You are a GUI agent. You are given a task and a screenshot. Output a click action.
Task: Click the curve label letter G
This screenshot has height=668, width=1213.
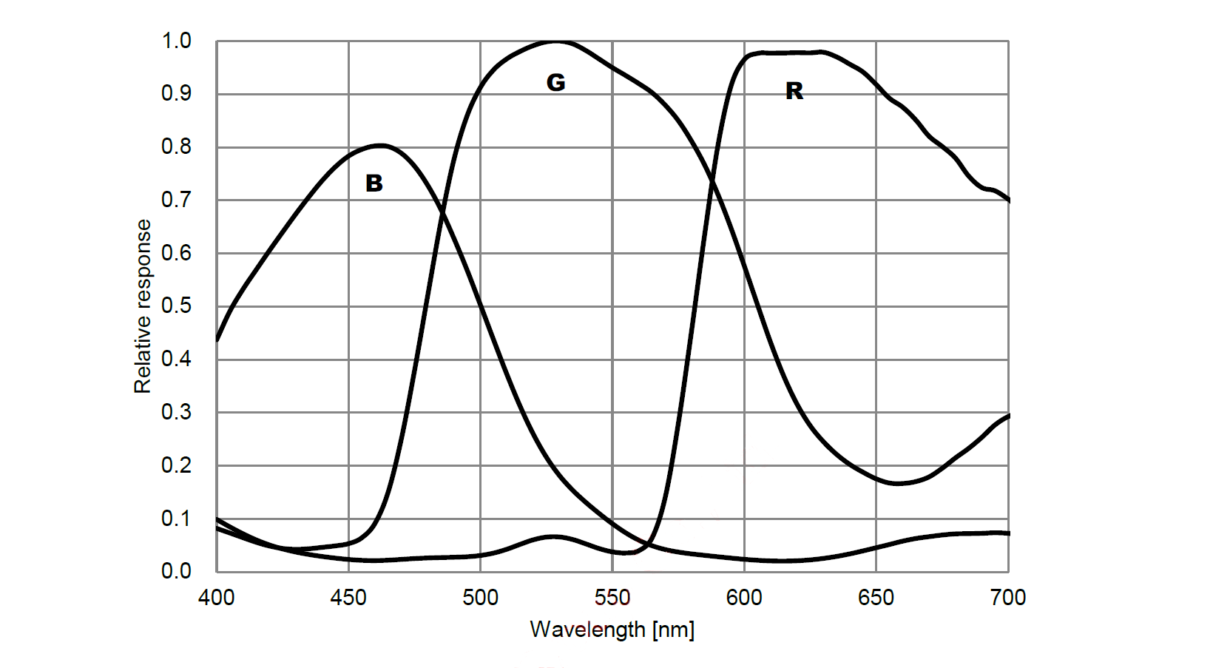[555, 82]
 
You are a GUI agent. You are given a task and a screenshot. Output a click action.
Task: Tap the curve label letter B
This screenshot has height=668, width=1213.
[374, 183]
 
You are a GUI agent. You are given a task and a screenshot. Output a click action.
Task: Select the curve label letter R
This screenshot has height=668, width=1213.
[794, 91]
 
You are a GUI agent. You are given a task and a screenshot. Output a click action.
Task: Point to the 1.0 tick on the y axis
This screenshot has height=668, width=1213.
[176, 41]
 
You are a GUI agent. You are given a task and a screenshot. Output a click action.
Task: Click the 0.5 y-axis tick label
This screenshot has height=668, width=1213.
[176, 306]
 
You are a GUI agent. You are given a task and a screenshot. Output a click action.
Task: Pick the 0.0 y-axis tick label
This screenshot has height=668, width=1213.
[176, 571]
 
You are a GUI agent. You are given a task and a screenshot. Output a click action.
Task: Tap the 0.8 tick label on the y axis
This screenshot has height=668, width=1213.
[176, 146]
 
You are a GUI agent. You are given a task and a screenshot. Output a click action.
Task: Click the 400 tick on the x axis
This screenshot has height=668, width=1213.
[216, 598]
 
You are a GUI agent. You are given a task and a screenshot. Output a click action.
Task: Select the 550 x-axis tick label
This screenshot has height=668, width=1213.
[612, 598]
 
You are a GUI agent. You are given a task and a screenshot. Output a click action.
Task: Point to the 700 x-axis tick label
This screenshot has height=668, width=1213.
[1007, 598]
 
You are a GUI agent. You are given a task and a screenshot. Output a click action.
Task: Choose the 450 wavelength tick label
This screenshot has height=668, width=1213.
[348, 598]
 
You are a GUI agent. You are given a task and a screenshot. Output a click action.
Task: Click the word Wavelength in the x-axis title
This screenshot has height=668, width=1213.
[587, 630]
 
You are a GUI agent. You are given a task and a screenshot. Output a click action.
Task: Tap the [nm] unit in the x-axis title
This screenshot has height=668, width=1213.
[673, 630]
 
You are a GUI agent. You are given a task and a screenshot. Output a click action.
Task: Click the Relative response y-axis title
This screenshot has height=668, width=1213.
[142, 306]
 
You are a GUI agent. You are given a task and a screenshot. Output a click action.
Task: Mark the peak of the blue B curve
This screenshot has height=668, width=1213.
[382, 145]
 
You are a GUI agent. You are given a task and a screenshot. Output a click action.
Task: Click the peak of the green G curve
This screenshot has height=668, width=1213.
[556, 41]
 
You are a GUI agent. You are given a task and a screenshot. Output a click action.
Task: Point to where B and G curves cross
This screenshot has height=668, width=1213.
[442, 213]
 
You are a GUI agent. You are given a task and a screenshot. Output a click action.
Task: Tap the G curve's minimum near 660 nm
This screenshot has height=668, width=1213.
[896, 483]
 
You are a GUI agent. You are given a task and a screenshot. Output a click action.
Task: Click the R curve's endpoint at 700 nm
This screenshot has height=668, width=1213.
[1008, 200]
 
